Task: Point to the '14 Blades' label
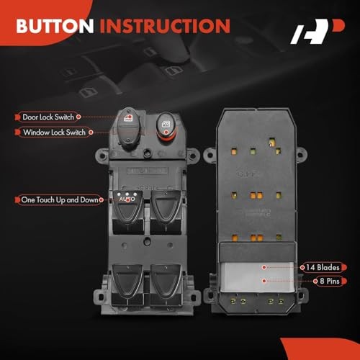coord(324,266)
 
